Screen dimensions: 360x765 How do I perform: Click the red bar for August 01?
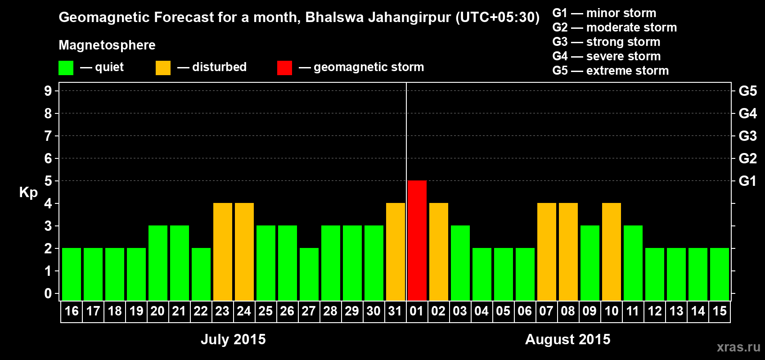(417, 240)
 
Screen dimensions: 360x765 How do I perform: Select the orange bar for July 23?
(223, 252)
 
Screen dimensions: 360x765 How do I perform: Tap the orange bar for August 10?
(612, 252)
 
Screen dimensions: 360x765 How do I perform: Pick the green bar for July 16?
(72, 274)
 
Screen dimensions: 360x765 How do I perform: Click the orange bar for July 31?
(396, 252)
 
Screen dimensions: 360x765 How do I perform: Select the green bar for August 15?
(720, 274)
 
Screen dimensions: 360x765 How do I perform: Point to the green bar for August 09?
(590, 263)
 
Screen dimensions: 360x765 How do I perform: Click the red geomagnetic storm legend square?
(284, 68)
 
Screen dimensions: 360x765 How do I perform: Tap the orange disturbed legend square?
(163, 68)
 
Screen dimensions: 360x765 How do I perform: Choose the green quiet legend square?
(66, 68)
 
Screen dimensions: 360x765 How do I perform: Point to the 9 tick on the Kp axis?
(48, 91)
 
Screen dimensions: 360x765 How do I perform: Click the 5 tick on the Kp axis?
(48, 181)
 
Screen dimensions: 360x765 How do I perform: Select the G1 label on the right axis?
(747, 181)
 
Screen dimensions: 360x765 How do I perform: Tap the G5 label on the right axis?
(747, 91)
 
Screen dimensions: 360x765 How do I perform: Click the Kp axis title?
(28, 193)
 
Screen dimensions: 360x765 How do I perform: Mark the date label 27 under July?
(309, 311)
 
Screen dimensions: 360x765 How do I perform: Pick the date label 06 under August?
(525, 311)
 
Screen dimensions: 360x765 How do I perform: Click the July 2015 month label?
(233, 339)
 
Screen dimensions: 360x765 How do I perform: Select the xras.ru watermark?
(738, 347)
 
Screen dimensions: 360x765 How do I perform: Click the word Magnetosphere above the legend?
(107, 45)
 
